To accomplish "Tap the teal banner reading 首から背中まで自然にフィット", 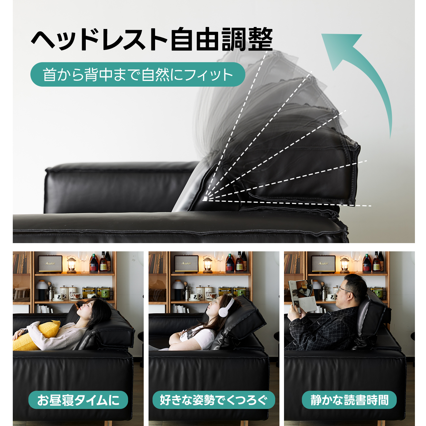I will [x=138, y=74].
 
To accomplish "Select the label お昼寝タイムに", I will [x=78, y=400].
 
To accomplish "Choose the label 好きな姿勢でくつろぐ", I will [x=214, y=400].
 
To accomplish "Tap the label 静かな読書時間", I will [x=349, y=400].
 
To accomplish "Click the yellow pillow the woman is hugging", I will [x=37, y=337].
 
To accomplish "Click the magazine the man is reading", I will [x=302, y=295].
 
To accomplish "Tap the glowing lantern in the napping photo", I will [x=71, y=264].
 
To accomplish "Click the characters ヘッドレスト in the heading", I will [x=99, y=40].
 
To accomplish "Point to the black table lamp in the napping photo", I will [x=41, y=290].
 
